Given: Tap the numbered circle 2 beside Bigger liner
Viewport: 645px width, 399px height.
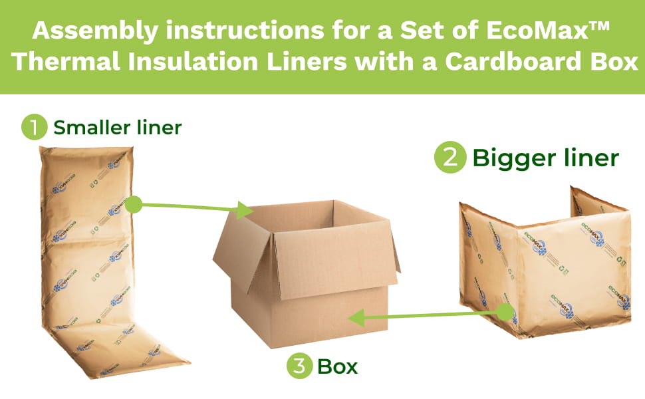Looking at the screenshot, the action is (x=449, y=159).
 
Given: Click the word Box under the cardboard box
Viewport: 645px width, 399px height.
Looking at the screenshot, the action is (x=337, y=366).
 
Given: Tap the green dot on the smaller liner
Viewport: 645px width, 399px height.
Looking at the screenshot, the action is (x=133, y=204).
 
